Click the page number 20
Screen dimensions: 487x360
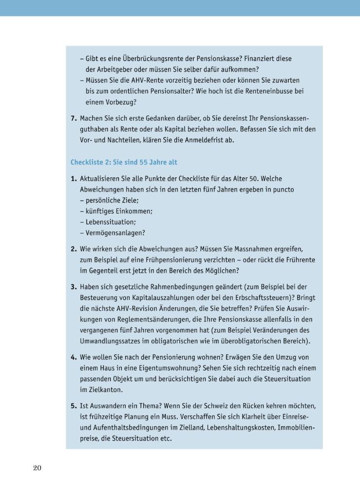[37, 468]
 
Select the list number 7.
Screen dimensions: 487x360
[74, 118]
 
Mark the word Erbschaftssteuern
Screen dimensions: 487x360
[248, 298]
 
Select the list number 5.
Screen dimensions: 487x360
[74, 406]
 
